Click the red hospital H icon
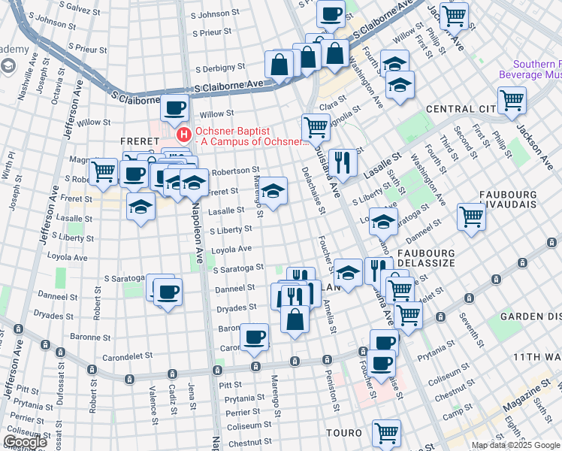[183, 135]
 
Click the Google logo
[24, 442]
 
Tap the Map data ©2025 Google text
[515, 445]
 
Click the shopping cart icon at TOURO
[386, 432]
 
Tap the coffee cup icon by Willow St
[175, 108]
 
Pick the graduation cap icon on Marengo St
[273, 190]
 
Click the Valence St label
[153, 400]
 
